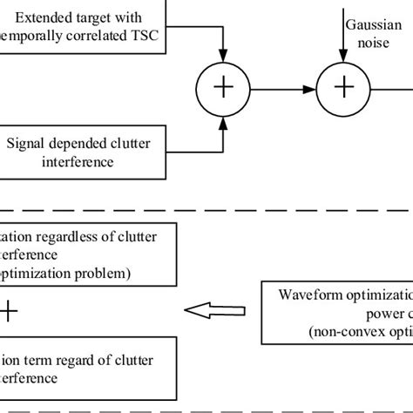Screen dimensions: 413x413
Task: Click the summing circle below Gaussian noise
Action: (345, 88)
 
